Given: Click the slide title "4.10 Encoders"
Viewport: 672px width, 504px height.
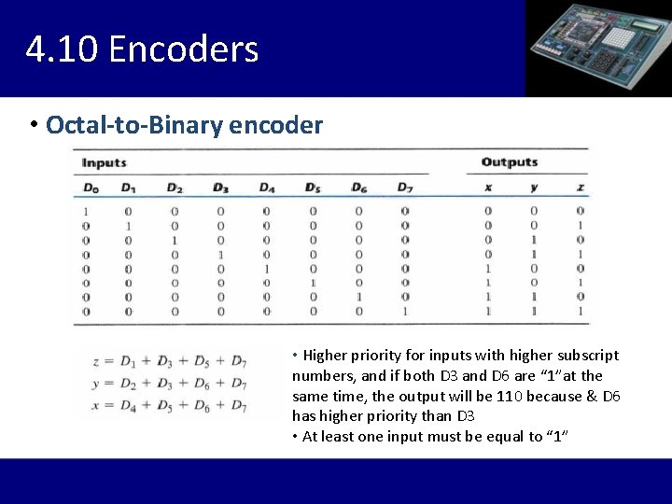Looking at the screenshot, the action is coord(142,49).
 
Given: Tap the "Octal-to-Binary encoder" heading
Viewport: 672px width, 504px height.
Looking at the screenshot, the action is coord(184,125).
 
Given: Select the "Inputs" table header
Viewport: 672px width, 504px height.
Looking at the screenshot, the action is coord(104,162).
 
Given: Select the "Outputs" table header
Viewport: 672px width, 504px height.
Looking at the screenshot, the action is coord(510,162).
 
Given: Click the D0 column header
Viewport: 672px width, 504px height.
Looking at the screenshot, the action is coord(90,188).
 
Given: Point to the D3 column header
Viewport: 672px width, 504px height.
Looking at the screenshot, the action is coord(220,188).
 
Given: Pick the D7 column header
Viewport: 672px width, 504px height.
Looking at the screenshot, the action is coord(404,188).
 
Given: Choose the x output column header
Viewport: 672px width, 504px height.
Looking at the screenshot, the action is coord(487,188).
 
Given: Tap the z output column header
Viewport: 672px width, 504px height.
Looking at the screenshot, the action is coord(580,188).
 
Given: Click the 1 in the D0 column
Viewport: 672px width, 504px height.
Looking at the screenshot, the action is coord(86,211).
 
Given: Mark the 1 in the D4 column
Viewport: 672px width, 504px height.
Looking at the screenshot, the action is coord(266,268).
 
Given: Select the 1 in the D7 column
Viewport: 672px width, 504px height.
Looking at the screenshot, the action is coord(404,311).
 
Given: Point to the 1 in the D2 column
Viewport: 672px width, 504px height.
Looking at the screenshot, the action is coord(175,240).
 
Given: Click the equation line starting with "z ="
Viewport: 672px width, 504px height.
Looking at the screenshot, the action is coord(170,361).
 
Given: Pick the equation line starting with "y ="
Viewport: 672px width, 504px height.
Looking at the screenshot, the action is coord(170,384).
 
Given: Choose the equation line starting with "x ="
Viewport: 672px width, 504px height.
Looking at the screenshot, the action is coord(170,406).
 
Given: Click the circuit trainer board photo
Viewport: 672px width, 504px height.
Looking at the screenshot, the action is coord(598,48).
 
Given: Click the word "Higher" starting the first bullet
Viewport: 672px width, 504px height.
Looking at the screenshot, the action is coord(325,356).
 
